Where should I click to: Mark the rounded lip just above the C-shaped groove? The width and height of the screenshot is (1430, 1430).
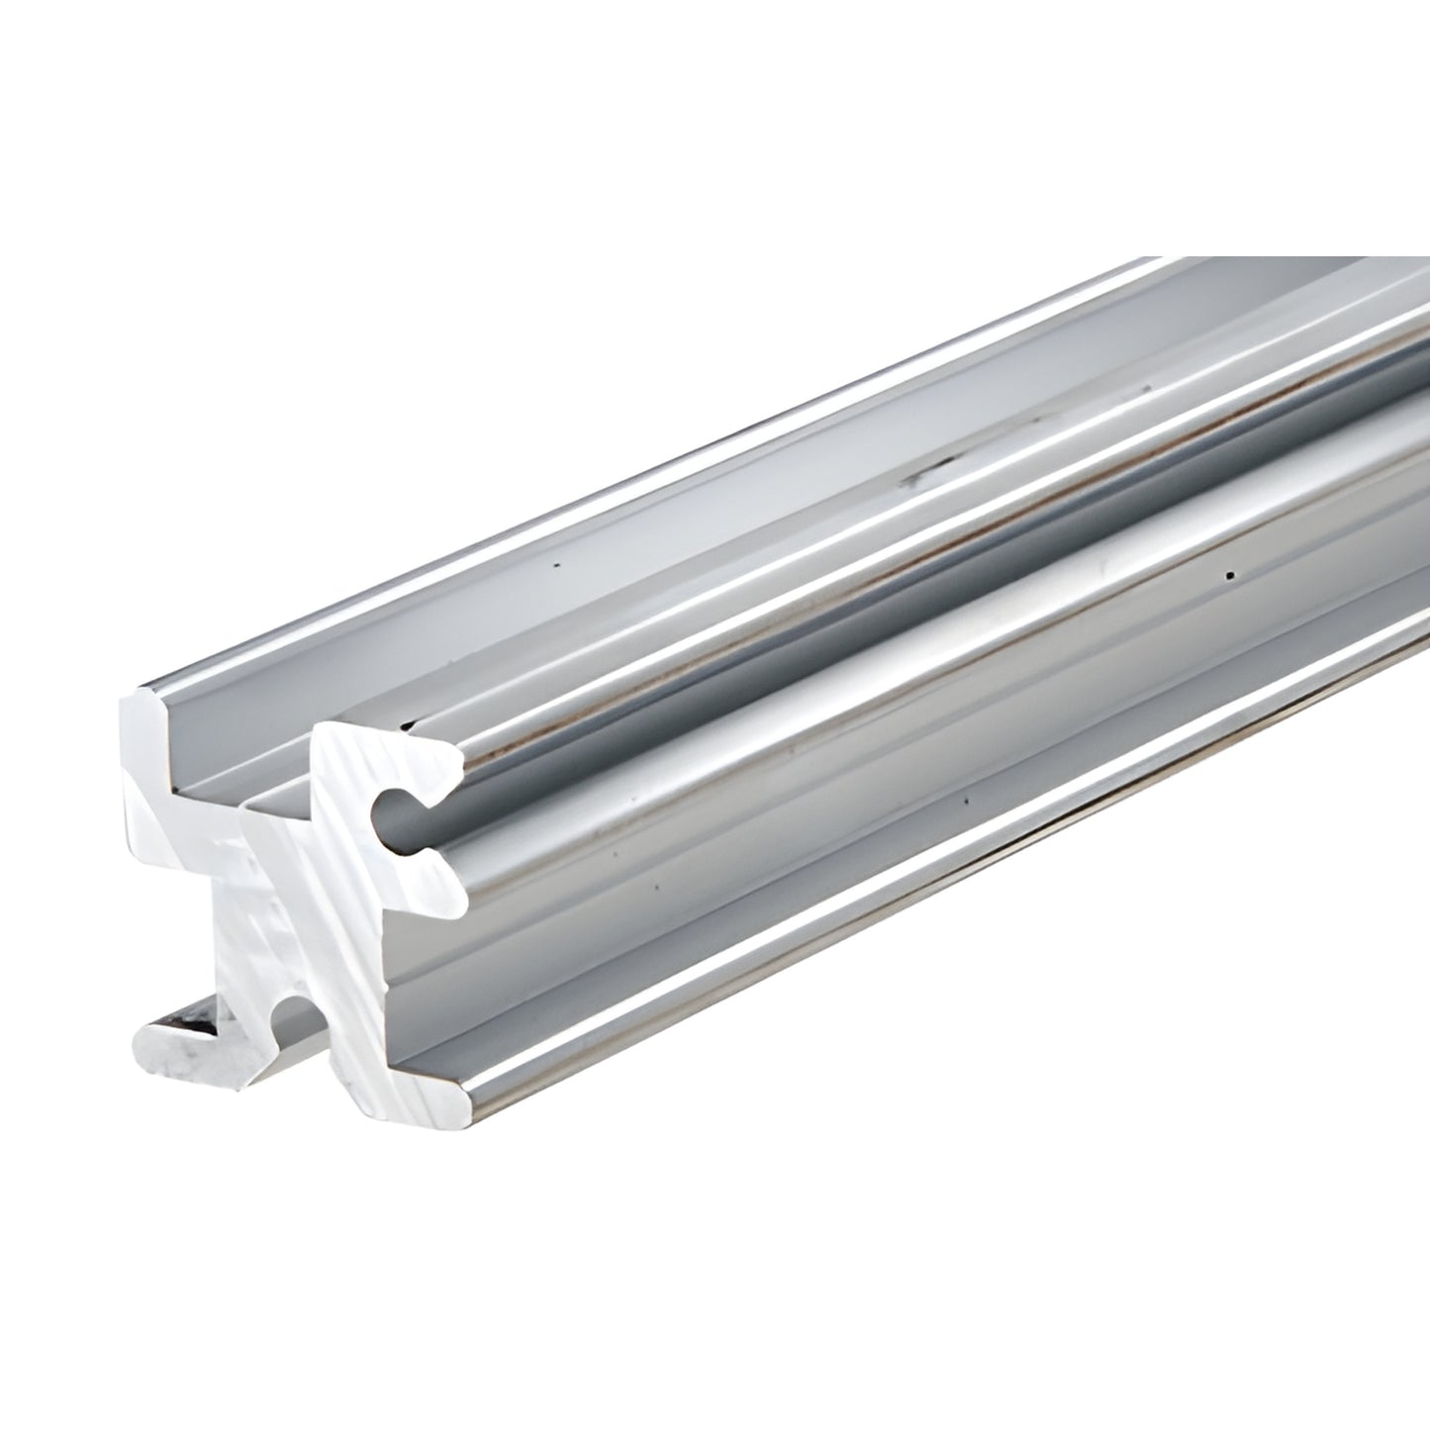pyautogui.click(x=435, y=752)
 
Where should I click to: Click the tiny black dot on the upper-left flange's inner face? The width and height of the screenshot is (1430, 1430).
pyautogui.click(x=556, y=567)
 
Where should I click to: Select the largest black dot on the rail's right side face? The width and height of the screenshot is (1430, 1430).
pyautogui.click(x=1229, y=574)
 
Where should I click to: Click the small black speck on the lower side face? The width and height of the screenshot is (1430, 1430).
pyautogui.click(x=966, y=798)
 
